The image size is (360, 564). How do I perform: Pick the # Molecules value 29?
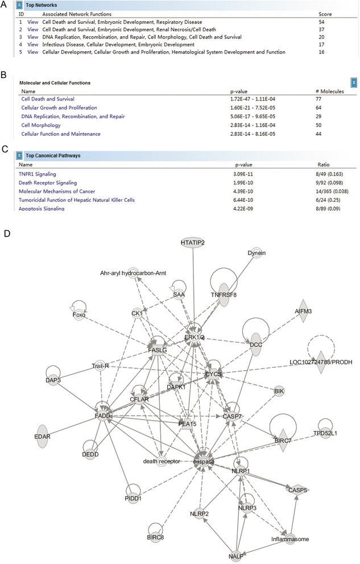tap(316, 116)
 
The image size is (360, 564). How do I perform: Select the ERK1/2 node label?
tap(195, 337)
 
